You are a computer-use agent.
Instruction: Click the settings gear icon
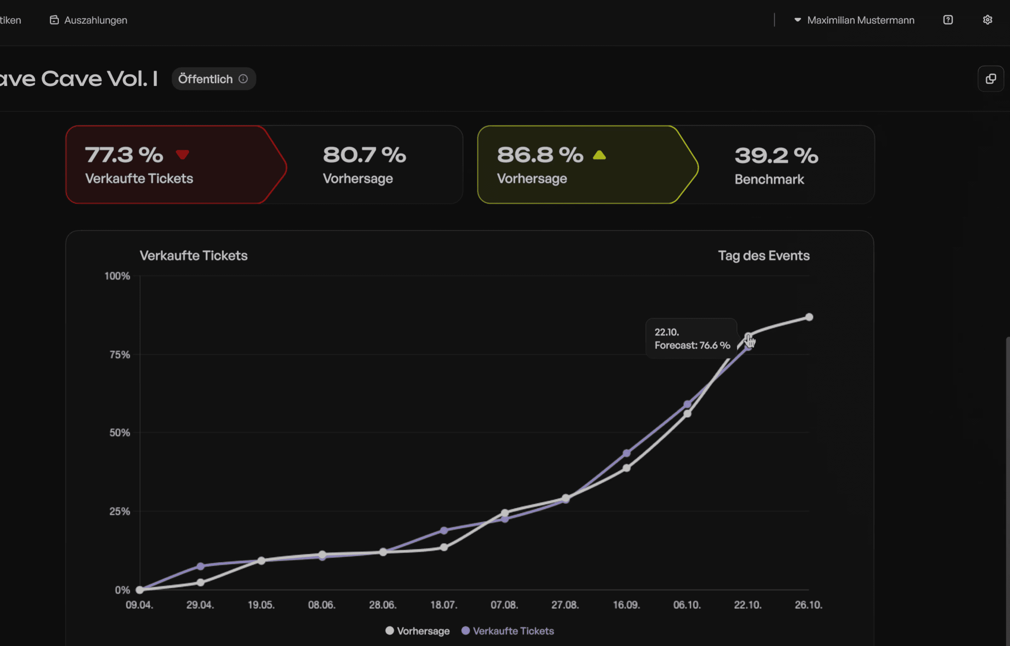987,20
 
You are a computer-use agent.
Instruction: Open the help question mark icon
948,20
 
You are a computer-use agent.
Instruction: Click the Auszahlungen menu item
89,20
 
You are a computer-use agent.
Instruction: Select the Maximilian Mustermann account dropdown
854,20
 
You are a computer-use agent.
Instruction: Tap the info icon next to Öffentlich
243,79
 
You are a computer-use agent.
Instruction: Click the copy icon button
991,78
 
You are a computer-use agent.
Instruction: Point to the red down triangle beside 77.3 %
182,154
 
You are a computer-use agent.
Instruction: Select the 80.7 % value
364,155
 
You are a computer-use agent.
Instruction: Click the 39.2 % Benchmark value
776,156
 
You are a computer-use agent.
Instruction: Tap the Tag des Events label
764,255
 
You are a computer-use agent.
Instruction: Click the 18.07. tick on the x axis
444,605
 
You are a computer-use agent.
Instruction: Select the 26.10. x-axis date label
809,605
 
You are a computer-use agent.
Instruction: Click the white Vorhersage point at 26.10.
809,317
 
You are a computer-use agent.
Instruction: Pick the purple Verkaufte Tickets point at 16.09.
627,453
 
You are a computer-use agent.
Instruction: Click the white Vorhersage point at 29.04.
200,582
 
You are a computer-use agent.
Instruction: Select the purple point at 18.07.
444,530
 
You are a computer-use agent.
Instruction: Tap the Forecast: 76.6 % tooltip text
692,345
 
